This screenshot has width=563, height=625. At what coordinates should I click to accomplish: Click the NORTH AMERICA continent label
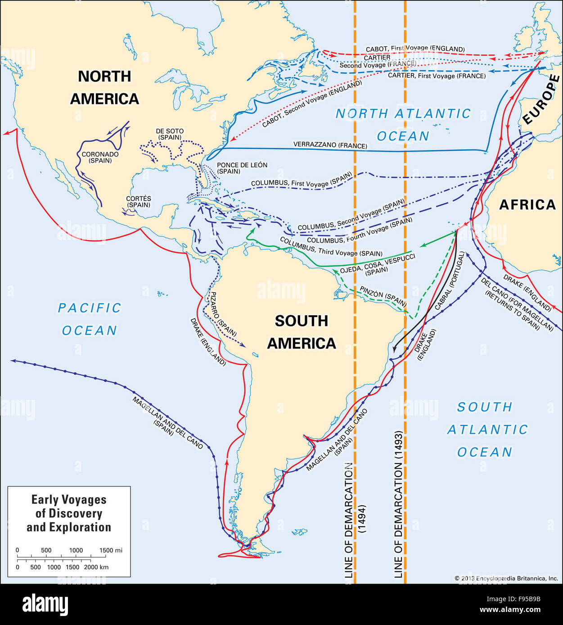coord(104,88)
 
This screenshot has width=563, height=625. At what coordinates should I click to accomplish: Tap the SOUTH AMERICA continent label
coord(302,332)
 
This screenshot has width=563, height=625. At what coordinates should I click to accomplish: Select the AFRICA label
coord(527,205)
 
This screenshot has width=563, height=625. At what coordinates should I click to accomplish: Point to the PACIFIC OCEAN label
coord(90,319)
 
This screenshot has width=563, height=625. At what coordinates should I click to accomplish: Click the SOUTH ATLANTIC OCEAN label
coord(486,429)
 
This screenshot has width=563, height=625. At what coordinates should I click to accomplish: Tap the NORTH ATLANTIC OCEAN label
coord(403,125)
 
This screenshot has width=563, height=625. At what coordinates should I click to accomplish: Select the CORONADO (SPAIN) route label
coord(100,157)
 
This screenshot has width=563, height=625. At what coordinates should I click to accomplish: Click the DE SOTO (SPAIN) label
coord(170,134)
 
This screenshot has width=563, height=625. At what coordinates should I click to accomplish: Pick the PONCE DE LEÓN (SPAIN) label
coord(242,168)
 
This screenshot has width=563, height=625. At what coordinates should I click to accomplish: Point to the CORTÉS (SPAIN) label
coord(139,201)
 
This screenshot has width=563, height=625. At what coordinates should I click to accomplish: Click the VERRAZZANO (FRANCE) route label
coord(330,145)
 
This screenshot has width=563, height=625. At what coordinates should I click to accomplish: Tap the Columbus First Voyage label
coord(301,181)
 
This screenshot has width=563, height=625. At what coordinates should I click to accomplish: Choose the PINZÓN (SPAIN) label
coord(383,296)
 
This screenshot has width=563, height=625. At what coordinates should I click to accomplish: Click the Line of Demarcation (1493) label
coord(398,504)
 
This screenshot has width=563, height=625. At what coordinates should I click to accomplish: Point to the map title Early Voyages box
coord(69,513)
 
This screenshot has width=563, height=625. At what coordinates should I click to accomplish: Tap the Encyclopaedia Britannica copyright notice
coord(506,578)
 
